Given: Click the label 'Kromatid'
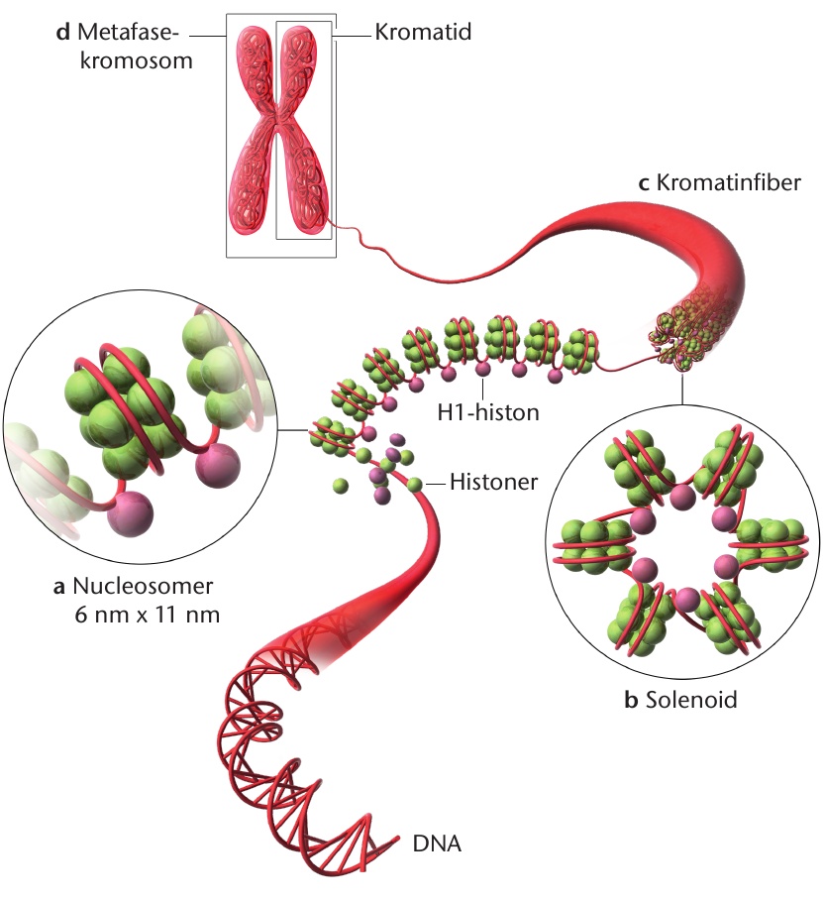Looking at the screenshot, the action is pyautogui.click(x=423, y=32).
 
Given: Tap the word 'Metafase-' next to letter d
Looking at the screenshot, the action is pyautogui.click(x=128, y=32).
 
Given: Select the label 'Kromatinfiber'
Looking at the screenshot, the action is pyautogui.click(x=728, y=182).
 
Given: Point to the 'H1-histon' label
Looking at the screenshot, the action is pyautogui.click(x=488, y=412).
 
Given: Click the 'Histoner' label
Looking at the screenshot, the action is pyautogui.click(x=494, y=482).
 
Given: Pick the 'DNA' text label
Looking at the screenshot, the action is pyautogui.click(x=437, y=844).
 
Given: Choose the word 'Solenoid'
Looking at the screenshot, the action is pyautogui.click(x=691, y=700).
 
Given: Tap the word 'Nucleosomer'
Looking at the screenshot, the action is pyautogui.click(x=143, y=586).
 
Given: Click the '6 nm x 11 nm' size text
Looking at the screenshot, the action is pyautogui.click(x=148, y=615).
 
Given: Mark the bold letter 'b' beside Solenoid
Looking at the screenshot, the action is pyautogui.click(x=631, y=700).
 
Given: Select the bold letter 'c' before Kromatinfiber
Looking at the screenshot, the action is pyautogui.click(x=644, y=183).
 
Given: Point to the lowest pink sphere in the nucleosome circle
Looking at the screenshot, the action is pyautogui.click(x=131, y=513).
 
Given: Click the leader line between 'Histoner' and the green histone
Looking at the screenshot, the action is pyautogui.click(x=434, y=484).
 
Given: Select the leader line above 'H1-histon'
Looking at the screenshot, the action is pyautogui.click(x=483, y=389).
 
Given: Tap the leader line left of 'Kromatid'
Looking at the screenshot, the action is pyautogui.click(x=352, y=36).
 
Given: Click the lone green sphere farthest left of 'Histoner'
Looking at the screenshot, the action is pyautogui.click(x=340, y=486).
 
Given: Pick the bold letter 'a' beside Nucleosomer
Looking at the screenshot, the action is pyautogui.click(x=58, y=587).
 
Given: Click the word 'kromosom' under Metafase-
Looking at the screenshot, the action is pyautogui.click(x=136, y=60).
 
